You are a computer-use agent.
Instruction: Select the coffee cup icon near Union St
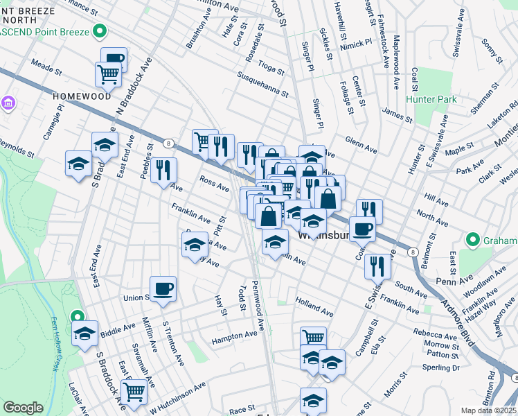(163, 288)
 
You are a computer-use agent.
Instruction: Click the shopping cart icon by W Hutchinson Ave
(134, 391)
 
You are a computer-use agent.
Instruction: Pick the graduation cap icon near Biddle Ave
(84, 333)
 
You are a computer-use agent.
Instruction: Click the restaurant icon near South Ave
(377, 264)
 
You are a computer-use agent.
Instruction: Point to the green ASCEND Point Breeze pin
(101, 31)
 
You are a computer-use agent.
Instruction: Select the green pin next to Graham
(474, 241)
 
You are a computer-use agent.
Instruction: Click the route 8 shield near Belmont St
(413, 252)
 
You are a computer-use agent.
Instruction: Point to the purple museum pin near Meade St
(8, 105)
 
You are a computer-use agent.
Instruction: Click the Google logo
(23, 407)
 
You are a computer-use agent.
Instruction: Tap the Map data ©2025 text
(489, 410)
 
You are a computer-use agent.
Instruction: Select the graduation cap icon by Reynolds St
(78, 163)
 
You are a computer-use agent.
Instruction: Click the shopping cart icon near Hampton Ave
(313, 338)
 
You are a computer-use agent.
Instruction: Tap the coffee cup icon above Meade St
(114, 59)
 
